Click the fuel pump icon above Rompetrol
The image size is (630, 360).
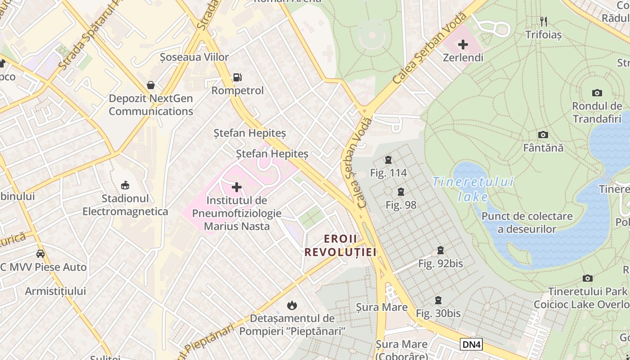coord(237,77)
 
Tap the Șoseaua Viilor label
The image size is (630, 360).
coord(194,57)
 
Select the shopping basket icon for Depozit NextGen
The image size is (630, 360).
coord(151,85)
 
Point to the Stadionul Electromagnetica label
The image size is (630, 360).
coord(125,205)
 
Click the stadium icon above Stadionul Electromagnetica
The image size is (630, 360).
coord(125,185)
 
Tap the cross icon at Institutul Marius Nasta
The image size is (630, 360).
coord(237,187)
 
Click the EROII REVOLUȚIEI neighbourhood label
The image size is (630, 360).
coord(340,245)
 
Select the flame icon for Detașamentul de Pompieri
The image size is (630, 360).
coord(292,306)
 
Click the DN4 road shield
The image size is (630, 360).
coord(471,344)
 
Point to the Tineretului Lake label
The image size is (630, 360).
coord(472,189)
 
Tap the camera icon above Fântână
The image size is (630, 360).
coord(543,135)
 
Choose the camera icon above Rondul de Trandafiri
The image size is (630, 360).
coord(597,93)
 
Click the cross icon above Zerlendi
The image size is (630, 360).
coord(463,45)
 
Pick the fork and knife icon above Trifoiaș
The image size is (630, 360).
coord(544,21)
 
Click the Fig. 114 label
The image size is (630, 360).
coord(388,173)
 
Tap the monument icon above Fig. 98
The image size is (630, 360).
coord(401,192)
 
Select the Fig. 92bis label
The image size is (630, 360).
coord(441,264)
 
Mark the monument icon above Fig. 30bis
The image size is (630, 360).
coord(438,300)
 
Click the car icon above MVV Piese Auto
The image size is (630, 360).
coord(40,254)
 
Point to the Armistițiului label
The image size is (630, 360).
coord(55,291)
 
